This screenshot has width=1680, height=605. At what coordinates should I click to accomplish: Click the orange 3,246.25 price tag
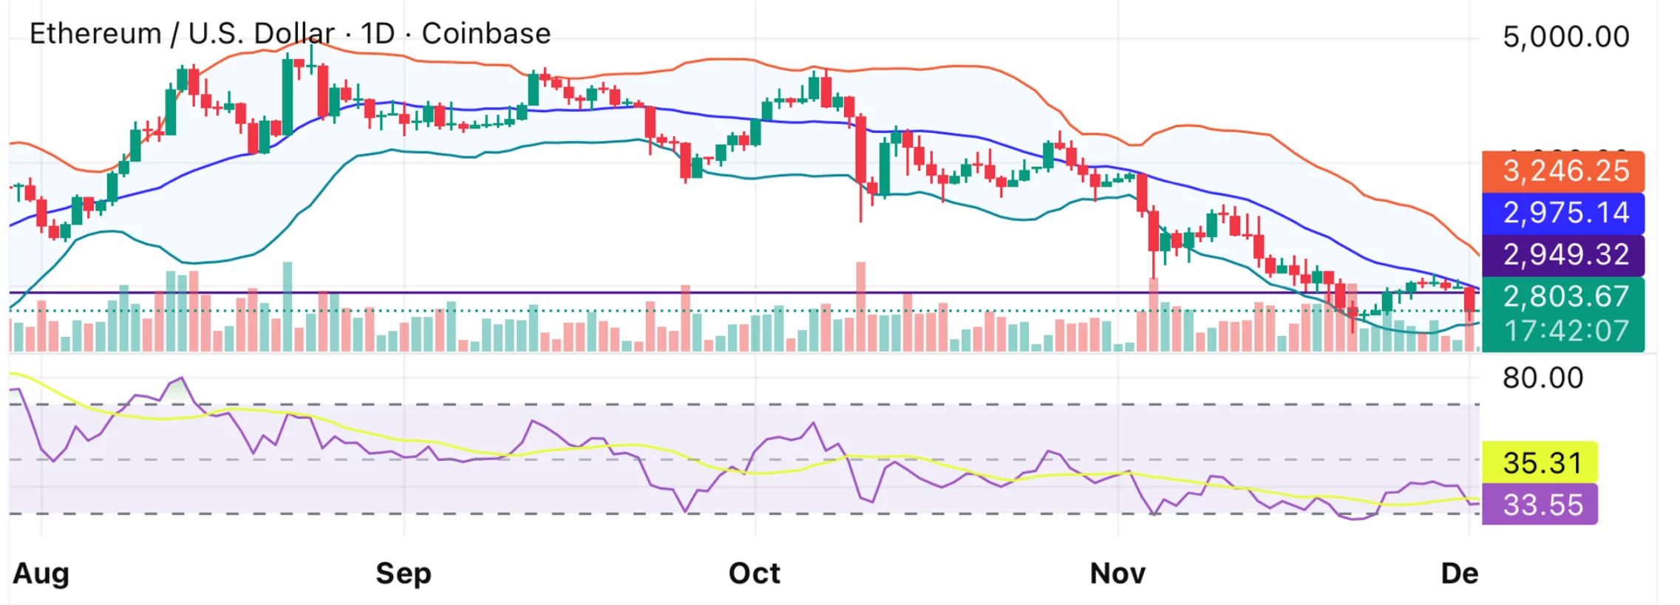(x=1564, y=171)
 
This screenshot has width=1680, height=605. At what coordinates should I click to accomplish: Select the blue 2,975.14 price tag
(x=1564, y=213)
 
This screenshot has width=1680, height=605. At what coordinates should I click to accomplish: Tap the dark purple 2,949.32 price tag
(x=1564, y=255)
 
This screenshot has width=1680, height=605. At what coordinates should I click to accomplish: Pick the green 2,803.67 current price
(x=1564, y=296)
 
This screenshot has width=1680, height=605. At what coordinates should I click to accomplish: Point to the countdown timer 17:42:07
(x=1564, y=331)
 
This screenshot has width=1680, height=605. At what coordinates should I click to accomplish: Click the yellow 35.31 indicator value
(x=1541, y=463)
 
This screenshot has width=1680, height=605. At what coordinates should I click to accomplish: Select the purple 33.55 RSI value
(x=1541, y=505)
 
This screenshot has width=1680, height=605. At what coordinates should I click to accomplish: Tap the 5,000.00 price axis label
(x=1565, y=37)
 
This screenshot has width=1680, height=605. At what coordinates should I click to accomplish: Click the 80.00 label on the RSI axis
(x=1543, y=378)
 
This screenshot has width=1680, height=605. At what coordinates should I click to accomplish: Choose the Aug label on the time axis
(x=41, y=573)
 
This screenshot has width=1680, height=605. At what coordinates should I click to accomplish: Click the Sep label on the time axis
(x=403, y=573)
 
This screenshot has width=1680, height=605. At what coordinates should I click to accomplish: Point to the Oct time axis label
(x=754, y=573)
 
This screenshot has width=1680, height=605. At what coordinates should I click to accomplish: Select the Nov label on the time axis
(x=1118, y=573)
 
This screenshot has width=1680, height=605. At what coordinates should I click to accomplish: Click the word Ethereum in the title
(x=95, y=34)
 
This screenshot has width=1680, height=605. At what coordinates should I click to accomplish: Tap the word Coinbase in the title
(x=486, y=34)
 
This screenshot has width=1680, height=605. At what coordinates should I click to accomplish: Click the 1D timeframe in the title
(x=378, y=34)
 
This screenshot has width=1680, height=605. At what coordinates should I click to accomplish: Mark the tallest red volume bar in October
(x=860, y=307)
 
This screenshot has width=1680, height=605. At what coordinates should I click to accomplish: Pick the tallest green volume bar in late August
(x=288, y=307)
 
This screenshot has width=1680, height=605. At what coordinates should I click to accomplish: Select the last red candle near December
(x=1469, y=304)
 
